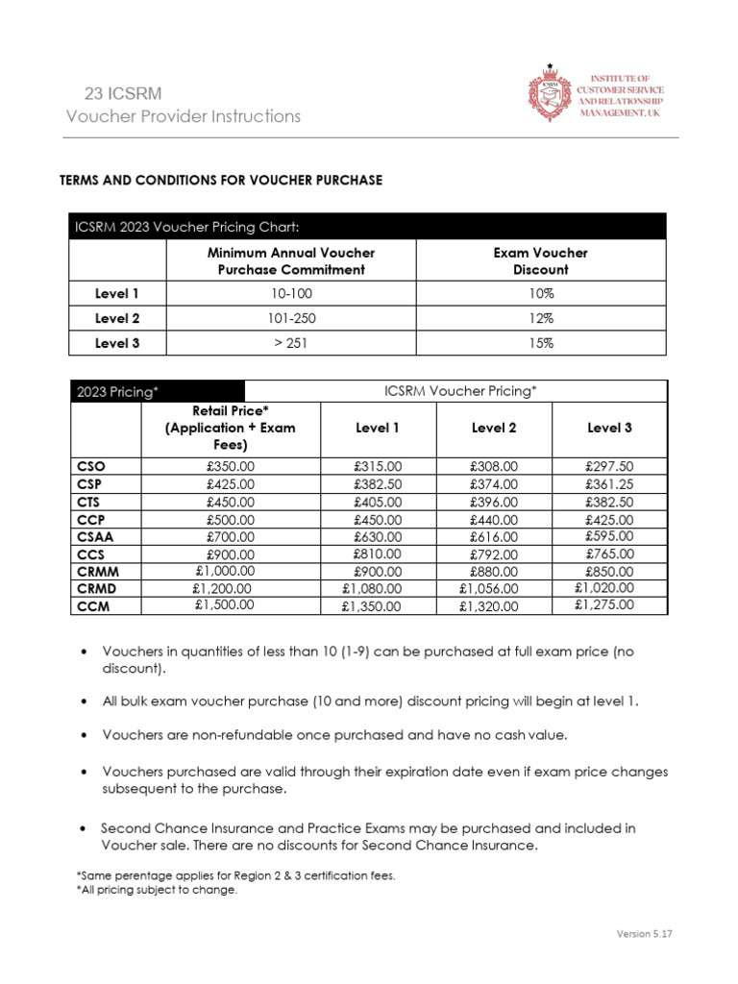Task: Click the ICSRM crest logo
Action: pos(550,94)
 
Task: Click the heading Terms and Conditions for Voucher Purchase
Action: pos(221,180)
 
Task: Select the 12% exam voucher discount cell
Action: pos(539,318)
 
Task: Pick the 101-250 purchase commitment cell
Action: pos(291,318)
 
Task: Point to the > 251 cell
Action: pos(291,342)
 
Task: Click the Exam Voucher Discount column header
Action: pos(539,260)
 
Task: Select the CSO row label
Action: pos(91,466)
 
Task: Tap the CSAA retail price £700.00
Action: pos(231,536)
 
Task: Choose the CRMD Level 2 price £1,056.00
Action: pos(493,588)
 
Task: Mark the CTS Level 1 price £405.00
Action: pos(377,502)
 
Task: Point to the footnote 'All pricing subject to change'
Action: pos(157,890)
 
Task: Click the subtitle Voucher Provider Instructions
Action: pos(183,116)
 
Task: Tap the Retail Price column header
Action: pos(231,428)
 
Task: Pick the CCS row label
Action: pos(91,553)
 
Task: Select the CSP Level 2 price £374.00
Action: pos(493,484)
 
